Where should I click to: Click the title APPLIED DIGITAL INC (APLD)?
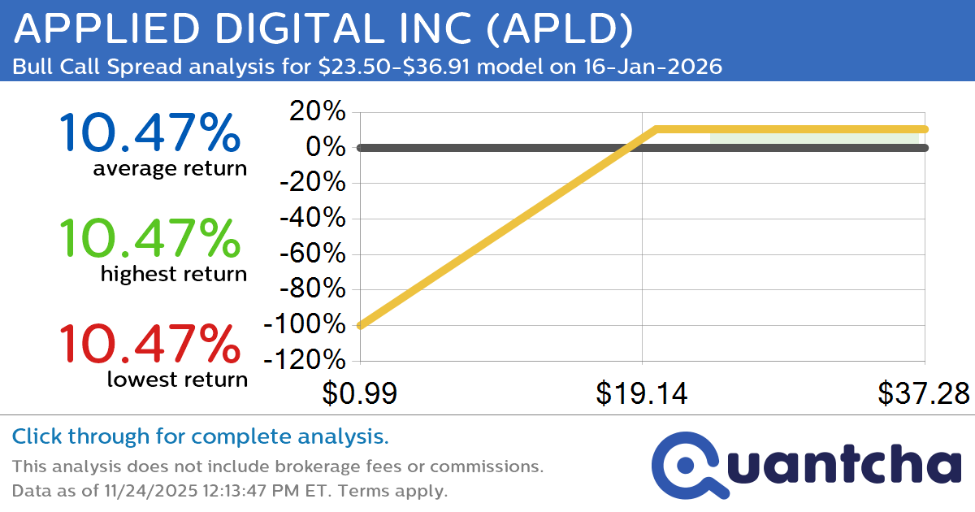click(323, 30)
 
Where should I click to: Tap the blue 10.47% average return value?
click(149, 133)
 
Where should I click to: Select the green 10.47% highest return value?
click(149, 238)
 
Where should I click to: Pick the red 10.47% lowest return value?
click(149, 343)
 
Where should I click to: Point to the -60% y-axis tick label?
click(314, 254)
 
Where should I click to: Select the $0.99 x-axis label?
click(359, 394)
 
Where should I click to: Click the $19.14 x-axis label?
click(642, 394)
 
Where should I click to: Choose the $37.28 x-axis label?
click(923, 394)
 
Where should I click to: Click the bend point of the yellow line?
click(656, 129)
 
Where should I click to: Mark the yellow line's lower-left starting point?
click(360, 326)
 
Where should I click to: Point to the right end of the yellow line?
click(925, 129)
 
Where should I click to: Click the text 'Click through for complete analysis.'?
click(200, 437)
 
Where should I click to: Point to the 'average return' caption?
click(169, 169)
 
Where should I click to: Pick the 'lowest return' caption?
click(177, 379)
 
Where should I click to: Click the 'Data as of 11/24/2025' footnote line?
click(229, 491)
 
